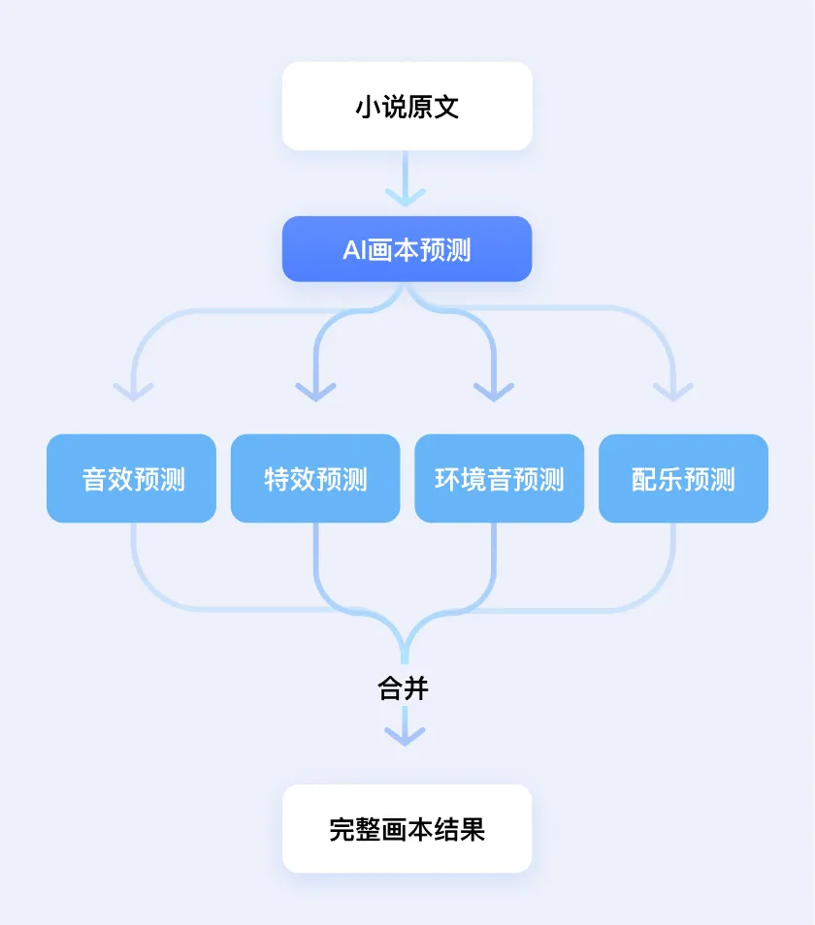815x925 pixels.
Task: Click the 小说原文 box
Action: tap(407, 107)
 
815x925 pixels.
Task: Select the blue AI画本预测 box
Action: tap(407, 249)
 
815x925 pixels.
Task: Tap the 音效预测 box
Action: tap(131, 479)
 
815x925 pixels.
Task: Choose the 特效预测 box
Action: tap(315, 479)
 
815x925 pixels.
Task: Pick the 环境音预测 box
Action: tap(499, 479)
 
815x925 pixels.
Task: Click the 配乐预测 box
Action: tap(683, 479)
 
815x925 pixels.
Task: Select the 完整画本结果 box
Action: tap(407, 829)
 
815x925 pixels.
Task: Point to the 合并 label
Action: tap(403, 689)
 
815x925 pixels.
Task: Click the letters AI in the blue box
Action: tap(354, 250)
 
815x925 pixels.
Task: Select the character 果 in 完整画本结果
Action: tap(473, 830)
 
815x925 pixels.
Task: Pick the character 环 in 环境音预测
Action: tap(447, 480)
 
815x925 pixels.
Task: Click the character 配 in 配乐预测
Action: tap(645, 480)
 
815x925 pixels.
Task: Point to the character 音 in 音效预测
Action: tap(94, 480)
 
